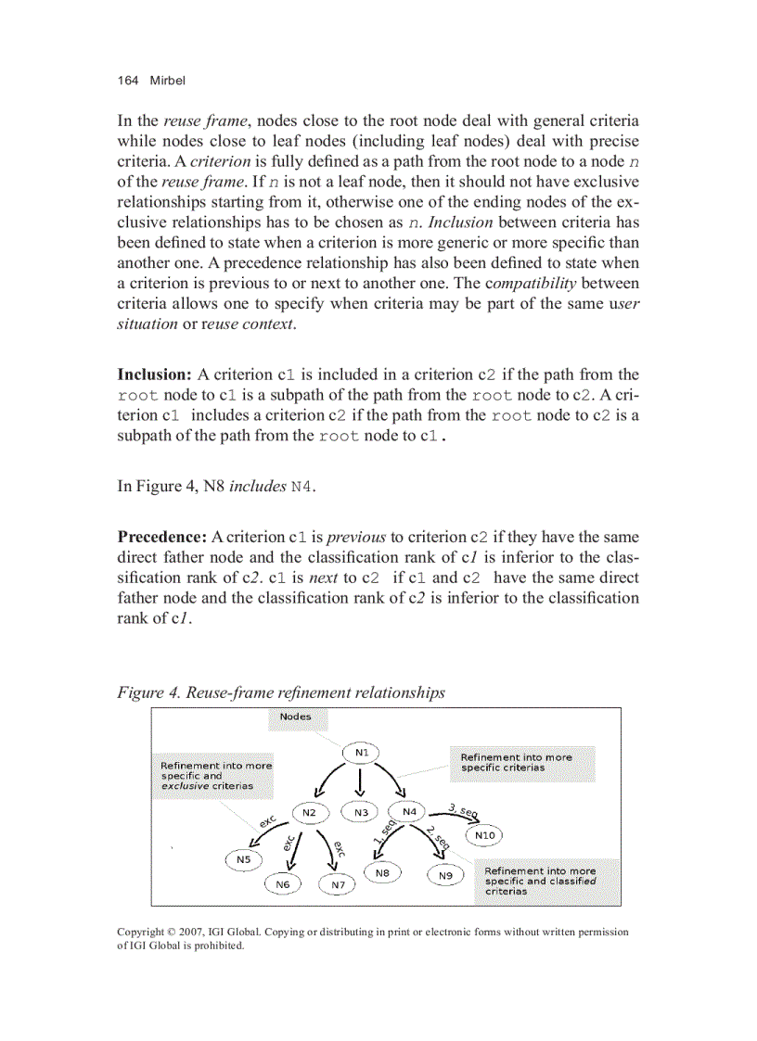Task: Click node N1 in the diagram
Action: coord(361,753)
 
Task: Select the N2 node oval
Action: coord(310,813)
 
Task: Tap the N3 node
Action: coord(361,813)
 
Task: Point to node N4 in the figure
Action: coord(411,812)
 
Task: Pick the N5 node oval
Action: coord(243,860)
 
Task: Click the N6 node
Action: coord(283,885)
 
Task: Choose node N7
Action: coord(339,885)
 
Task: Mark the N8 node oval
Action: coord(382,873)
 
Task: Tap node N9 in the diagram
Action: coord(445,874)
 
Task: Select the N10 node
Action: coord(485,836)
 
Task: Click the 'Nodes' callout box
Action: coord(296,717)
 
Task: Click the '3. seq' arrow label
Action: coord(462,809)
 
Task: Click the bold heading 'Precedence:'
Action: coord(161,537)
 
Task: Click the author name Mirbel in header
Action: coord(167,81)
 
